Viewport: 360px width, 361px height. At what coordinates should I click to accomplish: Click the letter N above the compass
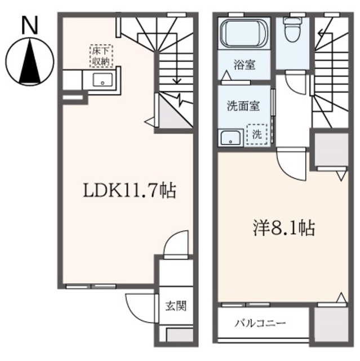pos(29,26)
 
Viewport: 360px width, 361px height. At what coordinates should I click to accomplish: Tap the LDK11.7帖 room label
pos(130,191)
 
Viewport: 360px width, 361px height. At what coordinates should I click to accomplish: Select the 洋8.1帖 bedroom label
pos(284,228)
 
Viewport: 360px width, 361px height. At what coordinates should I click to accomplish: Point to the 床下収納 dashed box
pos(101,56)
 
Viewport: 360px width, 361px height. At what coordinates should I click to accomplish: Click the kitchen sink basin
pos(103,80)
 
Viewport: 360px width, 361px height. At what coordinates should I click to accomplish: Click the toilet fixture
pos(292,29)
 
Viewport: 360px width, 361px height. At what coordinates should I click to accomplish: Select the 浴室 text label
pos(245,65)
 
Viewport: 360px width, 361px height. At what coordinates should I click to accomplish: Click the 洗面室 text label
pos(243,106)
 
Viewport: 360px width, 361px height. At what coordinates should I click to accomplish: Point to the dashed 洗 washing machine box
pos(257,134)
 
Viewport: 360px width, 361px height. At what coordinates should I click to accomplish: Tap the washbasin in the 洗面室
pos(230,138)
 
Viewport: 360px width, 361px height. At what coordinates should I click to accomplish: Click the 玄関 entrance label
pos(176,306)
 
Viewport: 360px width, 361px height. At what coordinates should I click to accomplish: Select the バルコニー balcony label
pos(260,323)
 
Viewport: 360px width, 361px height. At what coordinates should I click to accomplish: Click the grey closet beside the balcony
pos(330,324)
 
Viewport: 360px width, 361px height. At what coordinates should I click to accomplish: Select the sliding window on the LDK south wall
pos(91,287)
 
